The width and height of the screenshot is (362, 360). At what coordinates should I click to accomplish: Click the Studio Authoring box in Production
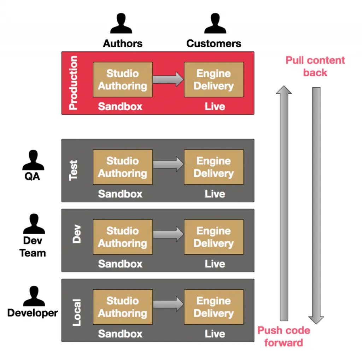123,79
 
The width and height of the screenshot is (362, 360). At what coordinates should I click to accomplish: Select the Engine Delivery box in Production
214,79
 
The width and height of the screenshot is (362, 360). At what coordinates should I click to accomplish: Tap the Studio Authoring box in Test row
123,167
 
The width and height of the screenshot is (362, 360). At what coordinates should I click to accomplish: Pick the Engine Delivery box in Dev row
214,237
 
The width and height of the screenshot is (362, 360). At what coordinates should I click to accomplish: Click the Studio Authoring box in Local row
123,307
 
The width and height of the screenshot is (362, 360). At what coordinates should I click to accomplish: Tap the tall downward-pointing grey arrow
316,205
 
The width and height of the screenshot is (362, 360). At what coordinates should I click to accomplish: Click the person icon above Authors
122,24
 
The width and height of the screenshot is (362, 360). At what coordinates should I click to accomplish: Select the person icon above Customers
215,24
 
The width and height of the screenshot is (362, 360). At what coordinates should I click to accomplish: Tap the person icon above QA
33,160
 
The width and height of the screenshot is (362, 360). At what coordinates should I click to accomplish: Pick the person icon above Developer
34,296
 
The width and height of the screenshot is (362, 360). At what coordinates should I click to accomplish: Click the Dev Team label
33,247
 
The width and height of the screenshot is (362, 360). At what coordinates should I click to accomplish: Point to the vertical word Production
73,83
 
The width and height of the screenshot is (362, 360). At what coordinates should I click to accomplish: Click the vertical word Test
73,170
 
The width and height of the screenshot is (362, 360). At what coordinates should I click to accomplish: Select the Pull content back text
315,66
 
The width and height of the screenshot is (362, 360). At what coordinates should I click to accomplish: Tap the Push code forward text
284,336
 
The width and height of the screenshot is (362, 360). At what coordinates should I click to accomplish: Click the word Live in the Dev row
215,264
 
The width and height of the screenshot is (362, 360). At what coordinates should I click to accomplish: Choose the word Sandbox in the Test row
120,194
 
